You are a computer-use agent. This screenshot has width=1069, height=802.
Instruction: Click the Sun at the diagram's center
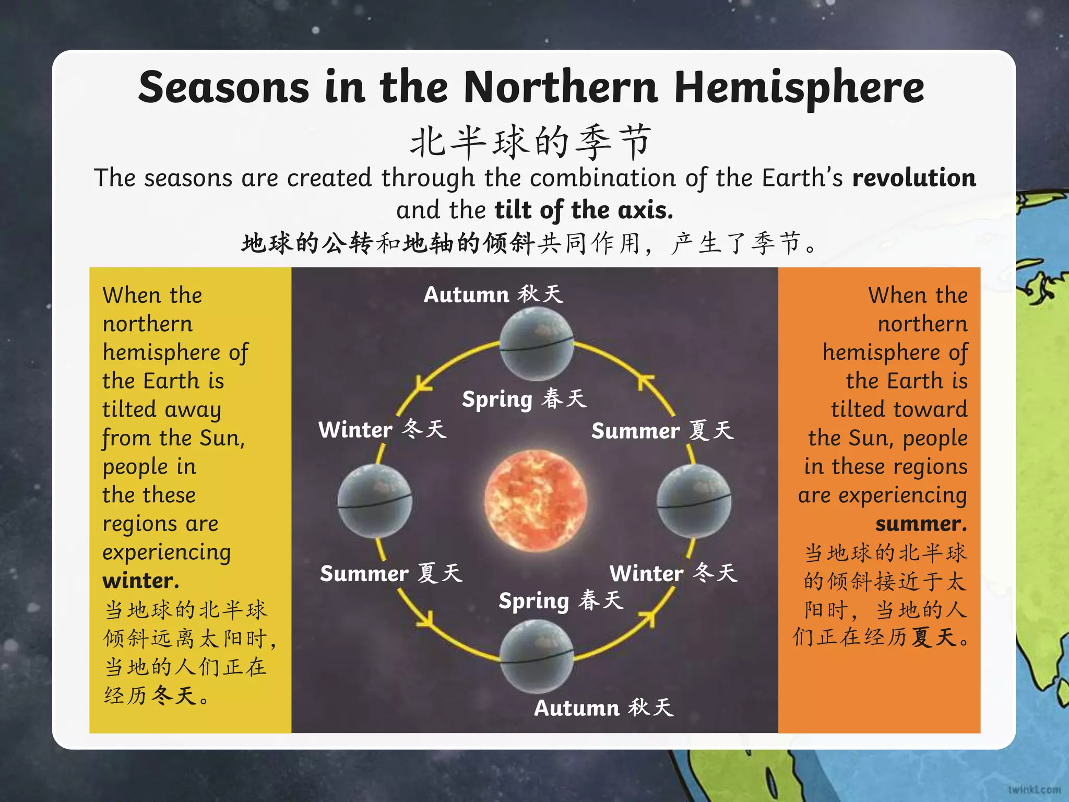coord(536,500)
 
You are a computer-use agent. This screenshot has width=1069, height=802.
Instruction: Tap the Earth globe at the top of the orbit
coord(537,344)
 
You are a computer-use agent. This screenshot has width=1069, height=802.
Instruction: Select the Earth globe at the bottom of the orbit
coord(537,656)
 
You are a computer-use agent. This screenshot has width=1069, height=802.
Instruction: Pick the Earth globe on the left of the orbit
coord(374,501)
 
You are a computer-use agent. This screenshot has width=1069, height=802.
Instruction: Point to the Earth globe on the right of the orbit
coord(694,501)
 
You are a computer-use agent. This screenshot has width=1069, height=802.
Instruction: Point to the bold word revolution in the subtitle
coord(914,178)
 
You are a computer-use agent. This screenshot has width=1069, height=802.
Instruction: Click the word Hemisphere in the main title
coord(799,88)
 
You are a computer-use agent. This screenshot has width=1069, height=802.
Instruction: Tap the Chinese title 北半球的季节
coord(531,142)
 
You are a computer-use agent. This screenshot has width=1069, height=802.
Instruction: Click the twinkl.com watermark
coord(1034,789)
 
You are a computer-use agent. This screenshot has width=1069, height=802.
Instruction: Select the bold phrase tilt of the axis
coord(584,210)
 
